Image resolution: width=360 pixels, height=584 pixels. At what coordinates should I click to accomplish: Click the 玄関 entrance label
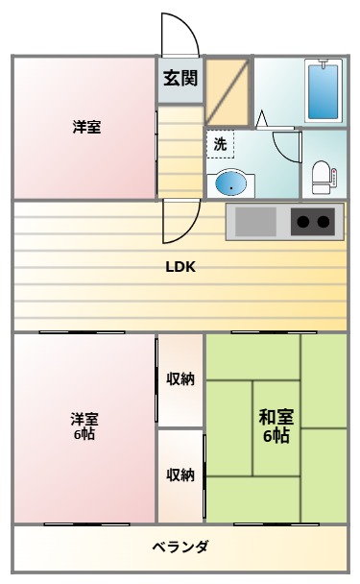coord(180,79)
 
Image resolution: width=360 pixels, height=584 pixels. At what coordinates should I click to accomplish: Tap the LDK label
coord(180,268)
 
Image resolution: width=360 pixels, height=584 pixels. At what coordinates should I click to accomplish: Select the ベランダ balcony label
coord(180,547)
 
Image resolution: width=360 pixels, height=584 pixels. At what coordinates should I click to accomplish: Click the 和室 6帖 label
coord(276,426)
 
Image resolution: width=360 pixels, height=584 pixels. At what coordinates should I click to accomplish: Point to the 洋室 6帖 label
coord(84,426)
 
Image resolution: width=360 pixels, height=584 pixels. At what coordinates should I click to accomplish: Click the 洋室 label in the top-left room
coord(86,127)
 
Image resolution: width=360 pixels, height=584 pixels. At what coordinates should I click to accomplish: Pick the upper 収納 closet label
coord(180,378)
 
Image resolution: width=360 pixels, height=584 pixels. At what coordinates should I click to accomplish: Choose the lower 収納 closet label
coord(180,474)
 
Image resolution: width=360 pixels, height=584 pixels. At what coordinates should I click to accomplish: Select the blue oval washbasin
coord(230,182)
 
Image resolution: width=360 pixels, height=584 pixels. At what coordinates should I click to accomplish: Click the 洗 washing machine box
coord(220,144)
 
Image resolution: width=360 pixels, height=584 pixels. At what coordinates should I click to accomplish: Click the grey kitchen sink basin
coord(255,222)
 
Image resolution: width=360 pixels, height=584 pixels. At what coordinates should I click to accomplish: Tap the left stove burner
coord(302,223)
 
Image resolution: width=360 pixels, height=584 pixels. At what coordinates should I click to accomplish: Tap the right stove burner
coord(324,223)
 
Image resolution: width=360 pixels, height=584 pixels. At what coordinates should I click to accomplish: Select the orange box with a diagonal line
coord(228,92)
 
